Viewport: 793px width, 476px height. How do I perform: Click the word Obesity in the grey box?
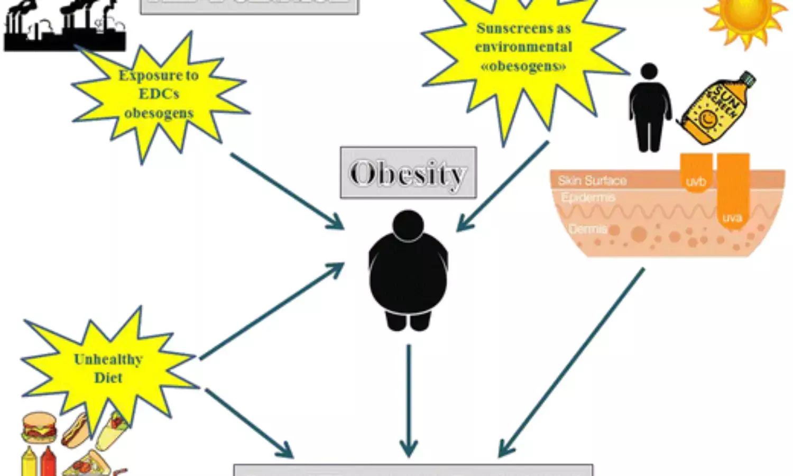408,173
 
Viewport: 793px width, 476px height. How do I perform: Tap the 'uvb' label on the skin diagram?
696,182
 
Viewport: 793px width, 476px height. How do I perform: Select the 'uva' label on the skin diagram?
732,217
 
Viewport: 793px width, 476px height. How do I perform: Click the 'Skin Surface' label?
592,181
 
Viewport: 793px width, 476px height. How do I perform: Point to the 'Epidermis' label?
588,198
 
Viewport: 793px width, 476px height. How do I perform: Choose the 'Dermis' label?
587,229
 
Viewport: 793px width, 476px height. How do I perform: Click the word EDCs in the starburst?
159,94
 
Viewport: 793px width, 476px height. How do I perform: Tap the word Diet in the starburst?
108,378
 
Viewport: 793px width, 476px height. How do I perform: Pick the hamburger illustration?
39,427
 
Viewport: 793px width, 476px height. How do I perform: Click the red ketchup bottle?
48,461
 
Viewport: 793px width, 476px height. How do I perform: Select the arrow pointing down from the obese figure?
408,402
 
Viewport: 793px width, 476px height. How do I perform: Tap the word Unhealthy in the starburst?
108,360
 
